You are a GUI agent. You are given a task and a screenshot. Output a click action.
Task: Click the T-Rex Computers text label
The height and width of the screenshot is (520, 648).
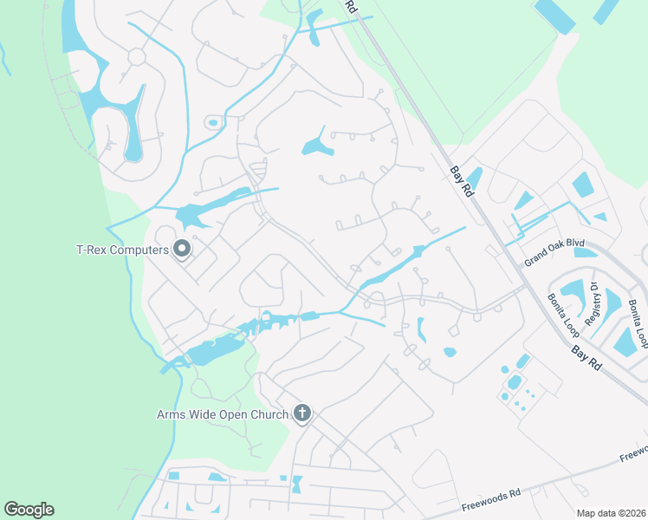point(121,250)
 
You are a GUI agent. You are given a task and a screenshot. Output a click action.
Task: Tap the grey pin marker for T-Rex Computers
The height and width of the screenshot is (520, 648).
point(182,250)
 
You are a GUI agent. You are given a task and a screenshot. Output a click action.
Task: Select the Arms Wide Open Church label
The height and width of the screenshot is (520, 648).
point(223,414)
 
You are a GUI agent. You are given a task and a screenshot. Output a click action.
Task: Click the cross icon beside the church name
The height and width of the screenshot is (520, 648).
point(302,413)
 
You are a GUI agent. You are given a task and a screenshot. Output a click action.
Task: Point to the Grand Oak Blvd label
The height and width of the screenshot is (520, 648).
point(554,251)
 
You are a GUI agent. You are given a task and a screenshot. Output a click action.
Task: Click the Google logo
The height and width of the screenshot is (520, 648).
point(29,510)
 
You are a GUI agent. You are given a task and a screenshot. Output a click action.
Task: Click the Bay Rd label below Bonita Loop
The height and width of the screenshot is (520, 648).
point(586,356)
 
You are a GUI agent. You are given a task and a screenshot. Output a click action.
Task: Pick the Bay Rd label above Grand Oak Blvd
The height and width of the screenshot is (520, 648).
point(462,182)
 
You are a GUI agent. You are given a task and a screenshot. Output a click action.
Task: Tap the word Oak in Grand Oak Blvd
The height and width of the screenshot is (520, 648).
point(557,250)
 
